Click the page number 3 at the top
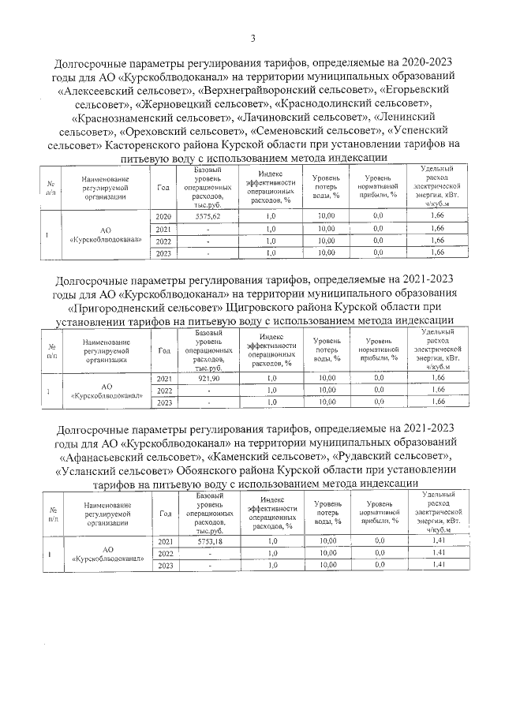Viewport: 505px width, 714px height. (x=252, y=38)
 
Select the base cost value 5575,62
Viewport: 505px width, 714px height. (x=208, y=215)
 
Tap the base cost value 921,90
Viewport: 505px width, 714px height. (x=208, y=379)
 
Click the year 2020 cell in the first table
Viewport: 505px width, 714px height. (x=164, y=215)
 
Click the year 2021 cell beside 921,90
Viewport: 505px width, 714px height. (x=165, y=379)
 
